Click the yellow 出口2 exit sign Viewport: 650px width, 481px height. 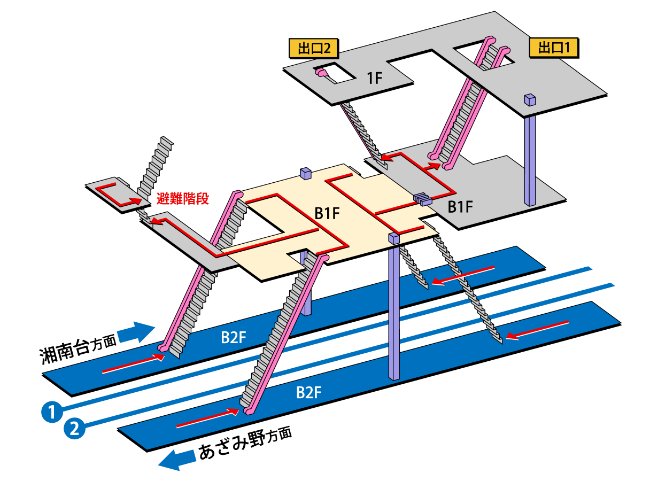313,49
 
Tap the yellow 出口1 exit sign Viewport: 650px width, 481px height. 553,48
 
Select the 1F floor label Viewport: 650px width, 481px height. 374,79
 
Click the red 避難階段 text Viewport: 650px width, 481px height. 182,199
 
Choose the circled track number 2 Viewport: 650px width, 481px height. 74,428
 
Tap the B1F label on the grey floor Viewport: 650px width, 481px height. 459,207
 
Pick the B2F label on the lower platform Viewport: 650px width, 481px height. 308,393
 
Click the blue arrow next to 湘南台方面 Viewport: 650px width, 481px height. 136,332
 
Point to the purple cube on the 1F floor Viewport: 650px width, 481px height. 530,99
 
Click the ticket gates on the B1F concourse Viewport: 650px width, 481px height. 422,199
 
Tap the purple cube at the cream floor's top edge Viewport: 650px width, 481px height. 306,173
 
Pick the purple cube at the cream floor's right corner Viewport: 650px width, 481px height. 394,238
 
